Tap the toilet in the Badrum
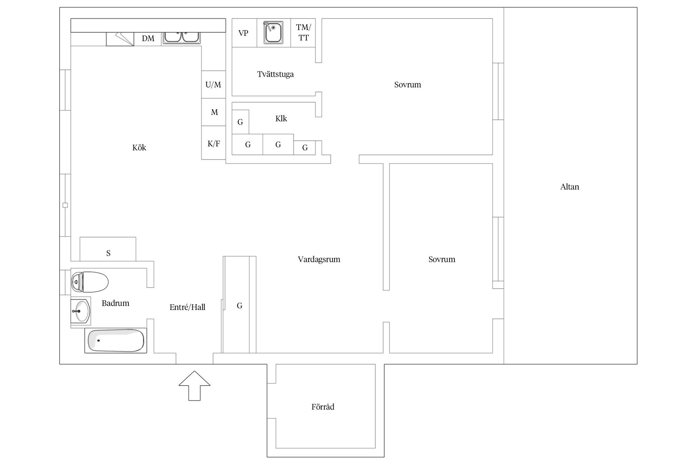(90, 282)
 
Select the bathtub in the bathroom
(116, 340)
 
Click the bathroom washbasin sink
(80, 311)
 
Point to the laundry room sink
(273, 33)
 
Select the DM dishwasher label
(148, 38)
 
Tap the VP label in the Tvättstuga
(243, 33)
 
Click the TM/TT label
(303, 32)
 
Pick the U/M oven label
(213, 85)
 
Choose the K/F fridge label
(214, 144)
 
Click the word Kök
(139, 148)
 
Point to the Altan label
(570, 187)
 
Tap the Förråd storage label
(323, 407)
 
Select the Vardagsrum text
(319, 259)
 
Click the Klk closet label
(281, 119)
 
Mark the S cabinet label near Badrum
(108, 253)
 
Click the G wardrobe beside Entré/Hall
(239, 306)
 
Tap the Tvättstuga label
(275, 74)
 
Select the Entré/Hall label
(187, 307)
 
